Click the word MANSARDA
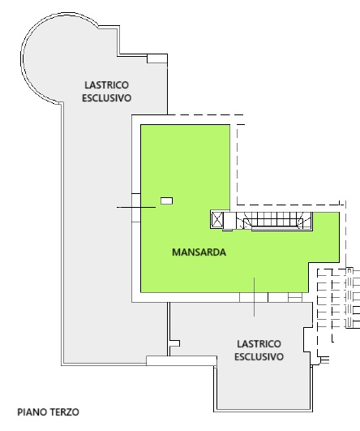199,252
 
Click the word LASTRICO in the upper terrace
106,85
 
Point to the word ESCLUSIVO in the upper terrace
106,98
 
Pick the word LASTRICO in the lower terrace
259,344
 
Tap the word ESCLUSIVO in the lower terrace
259,357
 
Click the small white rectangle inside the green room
167,201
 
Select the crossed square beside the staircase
217,220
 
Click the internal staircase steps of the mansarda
275,221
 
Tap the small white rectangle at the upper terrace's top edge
157,58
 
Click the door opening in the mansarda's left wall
136,208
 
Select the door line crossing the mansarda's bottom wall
254,297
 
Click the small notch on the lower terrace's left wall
175,343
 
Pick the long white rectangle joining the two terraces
182,360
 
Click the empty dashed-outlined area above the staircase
289,165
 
